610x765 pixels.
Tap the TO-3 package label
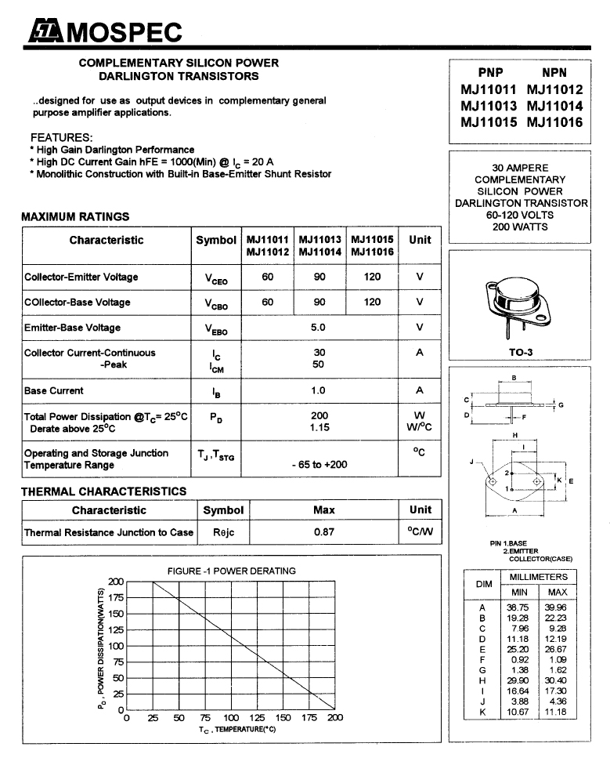coord(521,353)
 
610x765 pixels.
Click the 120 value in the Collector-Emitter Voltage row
coord(372,277)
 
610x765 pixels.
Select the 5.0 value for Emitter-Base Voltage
coord(319,328)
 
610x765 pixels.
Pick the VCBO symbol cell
coord(216,303)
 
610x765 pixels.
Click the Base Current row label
coord(54,390)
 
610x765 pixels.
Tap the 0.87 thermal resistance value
coord(324,532)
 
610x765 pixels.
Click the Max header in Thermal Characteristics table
coord(324,510)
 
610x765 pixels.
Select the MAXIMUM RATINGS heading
coord(75,216)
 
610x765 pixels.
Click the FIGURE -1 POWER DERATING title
coord(232,571)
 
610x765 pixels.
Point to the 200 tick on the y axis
coord(116,582)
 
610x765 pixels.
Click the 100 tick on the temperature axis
coord(231,717)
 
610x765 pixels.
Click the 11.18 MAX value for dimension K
coord(557,712)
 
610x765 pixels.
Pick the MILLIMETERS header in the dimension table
coord(538,577)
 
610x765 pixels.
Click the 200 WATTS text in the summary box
coord(521,227)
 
